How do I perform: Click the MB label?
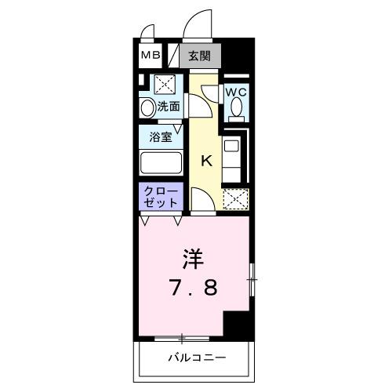[151, 56]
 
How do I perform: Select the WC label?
[237, 93]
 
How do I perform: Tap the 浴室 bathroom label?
[162, 136]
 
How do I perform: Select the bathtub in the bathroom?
[161, 165]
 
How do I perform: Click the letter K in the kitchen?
[207, 162]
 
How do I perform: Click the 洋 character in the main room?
[195, 257]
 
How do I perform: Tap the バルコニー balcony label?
[195, 358]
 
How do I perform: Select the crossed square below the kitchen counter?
[234, 200]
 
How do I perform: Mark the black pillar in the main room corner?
[238, 325]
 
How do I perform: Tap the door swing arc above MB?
[147, 32]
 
